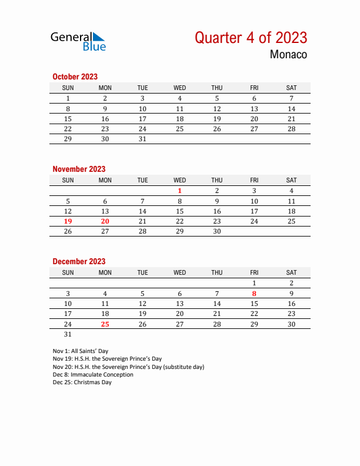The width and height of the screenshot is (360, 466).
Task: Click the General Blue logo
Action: coord(78,41)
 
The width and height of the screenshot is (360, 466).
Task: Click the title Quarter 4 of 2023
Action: coord(251,38)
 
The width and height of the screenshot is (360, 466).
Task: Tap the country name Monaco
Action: coord(288,55)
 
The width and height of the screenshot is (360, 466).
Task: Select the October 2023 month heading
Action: coord(75,76)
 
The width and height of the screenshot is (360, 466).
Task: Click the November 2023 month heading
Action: coord(79,169)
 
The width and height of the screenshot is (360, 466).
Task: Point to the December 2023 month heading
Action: coord(79,261)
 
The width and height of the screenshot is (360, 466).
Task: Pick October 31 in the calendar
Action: coord(142,139)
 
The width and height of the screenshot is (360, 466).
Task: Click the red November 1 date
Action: coord(179,191)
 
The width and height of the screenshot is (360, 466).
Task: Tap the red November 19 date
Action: coord(68,221)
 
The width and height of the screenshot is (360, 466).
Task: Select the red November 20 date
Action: coord(105,221)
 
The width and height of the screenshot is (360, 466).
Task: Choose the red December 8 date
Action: coord(254,293)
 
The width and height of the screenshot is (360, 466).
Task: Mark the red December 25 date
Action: coord(105,324)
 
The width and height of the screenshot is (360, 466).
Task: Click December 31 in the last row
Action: coord(68,334)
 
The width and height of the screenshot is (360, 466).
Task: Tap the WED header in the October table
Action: coord(179,88)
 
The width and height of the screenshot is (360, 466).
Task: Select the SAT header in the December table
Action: coord(291,272)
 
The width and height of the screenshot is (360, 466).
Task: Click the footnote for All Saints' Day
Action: coord(80,351)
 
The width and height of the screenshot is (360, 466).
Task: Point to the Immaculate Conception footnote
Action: coord(93,374)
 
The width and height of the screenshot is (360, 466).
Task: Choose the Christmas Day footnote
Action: coord(82,382)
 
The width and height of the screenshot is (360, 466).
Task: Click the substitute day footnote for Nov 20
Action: coord(128,367)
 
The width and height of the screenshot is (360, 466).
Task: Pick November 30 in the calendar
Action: coord(216,232)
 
